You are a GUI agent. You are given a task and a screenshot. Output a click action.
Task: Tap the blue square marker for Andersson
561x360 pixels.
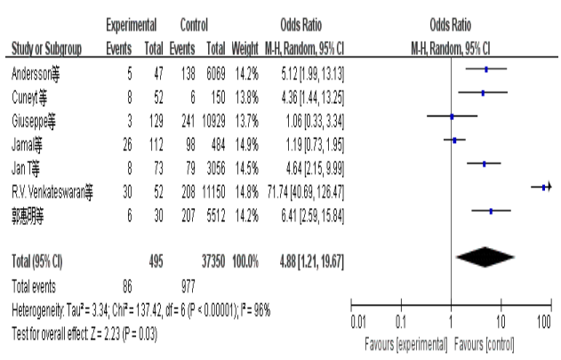pos(485,68)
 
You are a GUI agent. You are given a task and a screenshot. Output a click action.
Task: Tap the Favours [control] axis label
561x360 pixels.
pos(489,343)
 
